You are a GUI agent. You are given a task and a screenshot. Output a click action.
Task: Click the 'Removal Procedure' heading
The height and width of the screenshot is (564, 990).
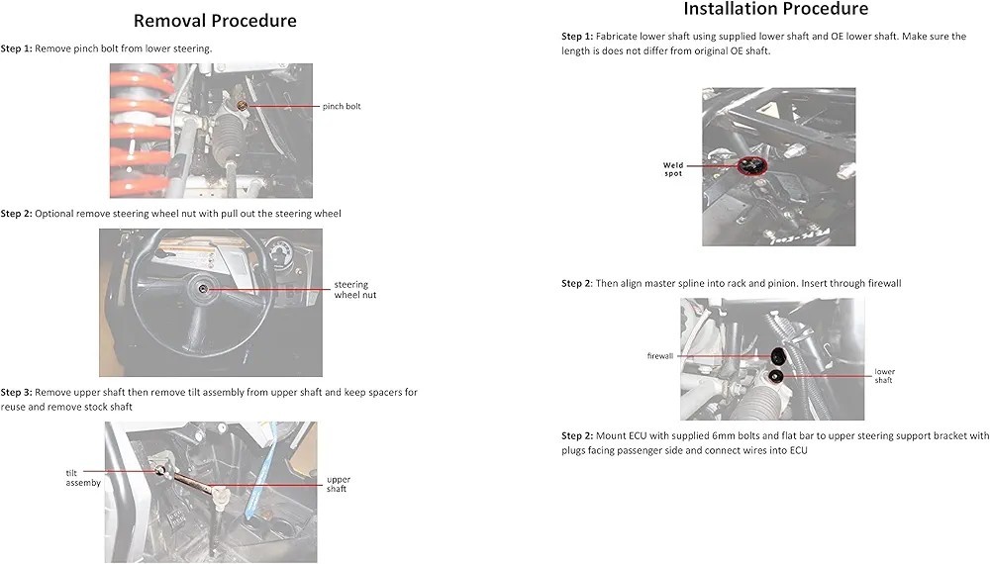[215, 20]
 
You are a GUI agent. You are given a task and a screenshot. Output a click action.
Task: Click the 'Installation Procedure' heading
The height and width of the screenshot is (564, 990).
[775, 9]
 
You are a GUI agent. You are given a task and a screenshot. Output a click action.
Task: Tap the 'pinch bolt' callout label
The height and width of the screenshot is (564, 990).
[342, 106]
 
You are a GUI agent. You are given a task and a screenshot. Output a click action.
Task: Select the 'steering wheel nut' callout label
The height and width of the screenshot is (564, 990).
[354, 290]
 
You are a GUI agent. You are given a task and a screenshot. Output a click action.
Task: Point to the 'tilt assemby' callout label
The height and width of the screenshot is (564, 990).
[83, 478]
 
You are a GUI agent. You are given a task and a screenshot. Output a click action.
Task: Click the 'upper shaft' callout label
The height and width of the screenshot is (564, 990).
[339, 484]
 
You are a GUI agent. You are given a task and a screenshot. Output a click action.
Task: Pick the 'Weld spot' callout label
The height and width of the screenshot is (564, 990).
[673, 169]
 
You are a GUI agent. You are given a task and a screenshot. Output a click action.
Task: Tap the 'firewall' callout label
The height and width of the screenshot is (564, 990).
[660, 355]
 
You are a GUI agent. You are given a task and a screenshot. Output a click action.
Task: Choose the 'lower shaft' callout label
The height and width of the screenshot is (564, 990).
[884, 376]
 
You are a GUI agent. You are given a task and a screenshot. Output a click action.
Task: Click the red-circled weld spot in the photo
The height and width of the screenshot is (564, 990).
[752, 165]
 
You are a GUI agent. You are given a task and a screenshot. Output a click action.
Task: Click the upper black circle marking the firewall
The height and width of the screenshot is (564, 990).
[780, 354]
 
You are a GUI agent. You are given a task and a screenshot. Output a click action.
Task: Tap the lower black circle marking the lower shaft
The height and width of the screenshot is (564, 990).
[775, 376]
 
